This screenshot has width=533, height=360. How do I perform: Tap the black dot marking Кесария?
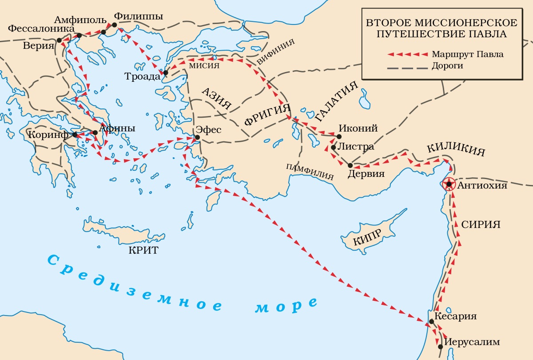[x=431, y=321]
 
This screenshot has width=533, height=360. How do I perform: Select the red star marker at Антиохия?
[x=449, y=184]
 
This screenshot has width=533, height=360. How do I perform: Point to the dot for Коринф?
[x=75, y=134]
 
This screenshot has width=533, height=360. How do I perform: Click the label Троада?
[x=142, y=76]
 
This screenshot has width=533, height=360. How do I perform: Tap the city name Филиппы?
[x=138, y=16]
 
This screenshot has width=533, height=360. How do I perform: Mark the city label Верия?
[x=38, y=47]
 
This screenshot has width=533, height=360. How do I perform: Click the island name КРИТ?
[x=143, y=250]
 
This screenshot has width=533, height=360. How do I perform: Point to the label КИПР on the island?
[x=367, y=239]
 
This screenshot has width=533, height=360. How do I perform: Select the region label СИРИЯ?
[x=481, y=224]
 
